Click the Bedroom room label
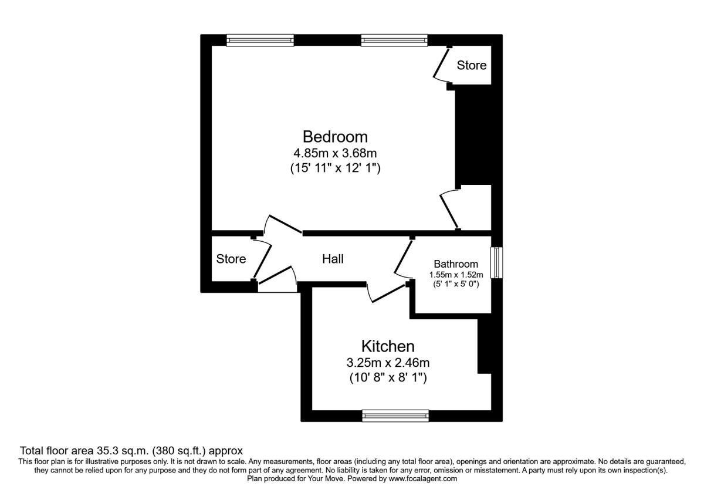click(x=335, y=137)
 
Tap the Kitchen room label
click(x=388, y=346)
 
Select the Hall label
click(x=333, y=259)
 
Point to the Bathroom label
click(x=456, y=264)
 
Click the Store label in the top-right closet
click(x=472, y=65)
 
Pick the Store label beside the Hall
click(x=231, y=259)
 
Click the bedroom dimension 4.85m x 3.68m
click(x=335, y=154)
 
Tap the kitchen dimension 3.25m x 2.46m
click(x=388, y=363)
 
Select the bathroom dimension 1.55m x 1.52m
click(x=456, y=275)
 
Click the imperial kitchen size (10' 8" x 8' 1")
click(x=388, y=379)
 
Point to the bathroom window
click(x=497, y=262)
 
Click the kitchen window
click(x=395, y=416)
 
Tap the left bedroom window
click(x=260, y=40)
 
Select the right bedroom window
click(x=395, y=40)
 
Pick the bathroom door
click(x=403, y=258)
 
